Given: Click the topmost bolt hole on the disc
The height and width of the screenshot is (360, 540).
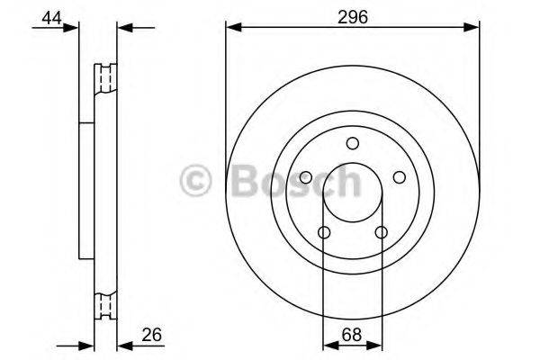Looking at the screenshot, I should [x=352, y=143].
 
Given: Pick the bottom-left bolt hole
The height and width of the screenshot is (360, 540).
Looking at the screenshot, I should [x=323, y=233].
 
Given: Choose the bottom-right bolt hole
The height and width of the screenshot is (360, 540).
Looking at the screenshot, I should [x=381, y=233].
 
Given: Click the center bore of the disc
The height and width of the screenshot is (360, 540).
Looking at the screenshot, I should [x=352, y=193].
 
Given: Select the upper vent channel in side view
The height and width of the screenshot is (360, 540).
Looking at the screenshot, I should [x=106, y=80].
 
